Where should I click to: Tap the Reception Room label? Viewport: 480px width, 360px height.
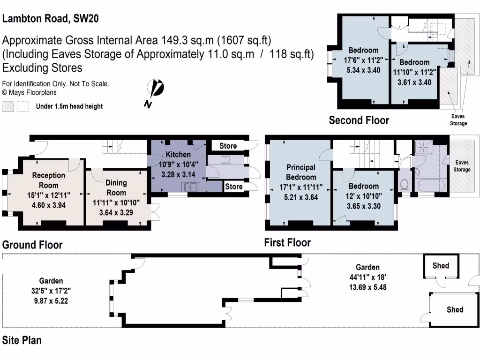[x=49, y=180]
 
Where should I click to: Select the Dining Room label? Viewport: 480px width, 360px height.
[x=116, y=187]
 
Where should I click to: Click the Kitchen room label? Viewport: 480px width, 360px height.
[x=178, y=154]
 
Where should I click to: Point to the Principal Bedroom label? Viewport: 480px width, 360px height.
[x=300, y=172]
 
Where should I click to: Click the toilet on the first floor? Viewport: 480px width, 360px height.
[x=405, y=184]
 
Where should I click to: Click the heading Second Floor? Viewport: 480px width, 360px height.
[x=359, y=120]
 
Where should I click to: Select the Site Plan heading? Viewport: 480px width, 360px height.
[x=22, y=340]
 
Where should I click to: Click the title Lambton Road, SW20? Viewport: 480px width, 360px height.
[x=51, y=19]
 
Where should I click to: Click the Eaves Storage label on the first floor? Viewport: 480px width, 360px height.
[x=462, y=166]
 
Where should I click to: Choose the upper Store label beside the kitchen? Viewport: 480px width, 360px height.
[x=228, y=146]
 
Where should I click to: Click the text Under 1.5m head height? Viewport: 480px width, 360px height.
[x=69, y=106]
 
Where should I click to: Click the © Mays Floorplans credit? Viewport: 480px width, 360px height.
[x=30, y=93]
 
